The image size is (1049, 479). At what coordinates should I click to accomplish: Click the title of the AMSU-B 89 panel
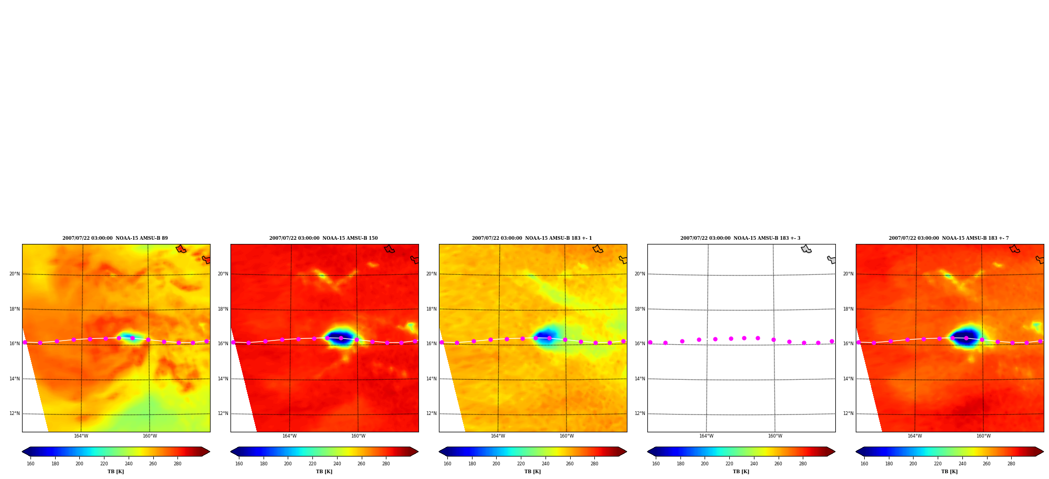[x=115, y=238]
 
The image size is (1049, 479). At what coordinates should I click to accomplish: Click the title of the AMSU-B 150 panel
[x=323, y=238]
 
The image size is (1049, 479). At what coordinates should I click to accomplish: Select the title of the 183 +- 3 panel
[x=740, y=238]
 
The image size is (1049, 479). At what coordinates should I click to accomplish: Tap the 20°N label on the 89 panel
[x=14, y=274]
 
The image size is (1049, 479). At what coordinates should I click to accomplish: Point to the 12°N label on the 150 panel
[x=223, y=413]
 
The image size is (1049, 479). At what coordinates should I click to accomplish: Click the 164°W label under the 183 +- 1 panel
[x=498, y=436]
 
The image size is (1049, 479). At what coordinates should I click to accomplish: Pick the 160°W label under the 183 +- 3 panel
[x=775, y=436]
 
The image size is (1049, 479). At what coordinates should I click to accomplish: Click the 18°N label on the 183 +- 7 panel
[x=848, y=309]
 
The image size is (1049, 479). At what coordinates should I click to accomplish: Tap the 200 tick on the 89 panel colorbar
[x=79, y=464]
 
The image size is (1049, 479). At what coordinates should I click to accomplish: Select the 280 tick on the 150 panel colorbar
[x=386, y=464]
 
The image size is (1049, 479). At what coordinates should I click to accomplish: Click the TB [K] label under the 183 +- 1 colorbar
[x=532, y=472]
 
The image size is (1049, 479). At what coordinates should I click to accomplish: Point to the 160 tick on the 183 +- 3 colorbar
[x=656, y=464]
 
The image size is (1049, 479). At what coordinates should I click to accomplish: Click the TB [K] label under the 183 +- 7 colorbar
[x=949, y=472]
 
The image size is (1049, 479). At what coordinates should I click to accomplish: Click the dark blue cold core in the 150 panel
[x=341, y=336]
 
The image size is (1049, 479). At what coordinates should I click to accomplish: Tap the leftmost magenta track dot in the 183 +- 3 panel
[x=650, y=342]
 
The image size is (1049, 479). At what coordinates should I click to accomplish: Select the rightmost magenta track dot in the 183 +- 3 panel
[x=832, y=341]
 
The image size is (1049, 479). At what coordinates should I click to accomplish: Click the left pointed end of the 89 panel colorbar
[x=23, y=451]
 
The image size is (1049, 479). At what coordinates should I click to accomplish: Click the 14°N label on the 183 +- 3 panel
[x=639, y=379]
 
